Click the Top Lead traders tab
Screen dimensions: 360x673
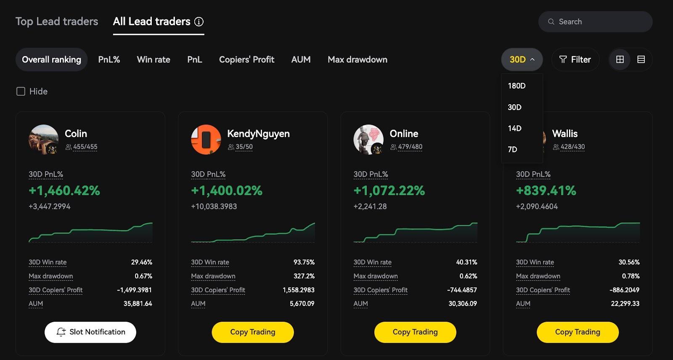tap(57, 21)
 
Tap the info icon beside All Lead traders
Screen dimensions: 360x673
tap(199, 22)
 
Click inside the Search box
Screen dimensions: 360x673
tap(601, 22)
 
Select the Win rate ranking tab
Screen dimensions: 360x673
tap(154, 60)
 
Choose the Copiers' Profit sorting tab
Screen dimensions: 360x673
tap(246, 60)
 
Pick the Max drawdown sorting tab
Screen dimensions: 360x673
tap(358, 60)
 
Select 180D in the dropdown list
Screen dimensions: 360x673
tap(517, 86)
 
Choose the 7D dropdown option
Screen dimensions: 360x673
tap(512, 149)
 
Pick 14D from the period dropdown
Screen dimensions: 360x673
tap(514, 128)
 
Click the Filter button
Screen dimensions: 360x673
tap(575, 60)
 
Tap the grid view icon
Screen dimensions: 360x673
tap(620, 60)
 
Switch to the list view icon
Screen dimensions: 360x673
tap(641, 60)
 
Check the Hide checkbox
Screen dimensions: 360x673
tap(21, 91)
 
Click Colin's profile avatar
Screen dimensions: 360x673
tap(43, 140)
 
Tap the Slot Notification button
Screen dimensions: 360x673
tap(90, 332)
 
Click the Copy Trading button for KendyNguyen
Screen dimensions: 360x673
tap(253, 332)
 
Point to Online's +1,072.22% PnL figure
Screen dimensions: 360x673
tap(389, 191)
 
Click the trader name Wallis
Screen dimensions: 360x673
tap(564, 134)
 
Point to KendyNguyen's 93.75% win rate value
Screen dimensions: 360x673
tap(304, 262)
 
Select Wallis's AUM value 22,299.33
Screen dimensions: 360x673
tap(625, 304)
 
